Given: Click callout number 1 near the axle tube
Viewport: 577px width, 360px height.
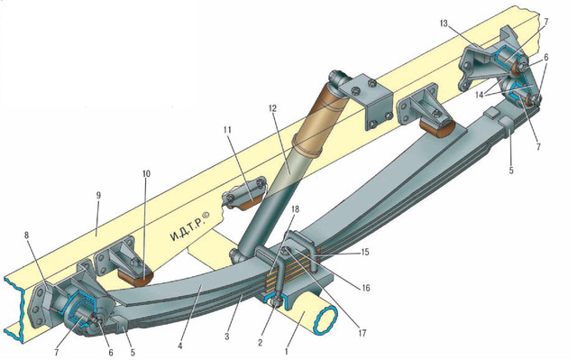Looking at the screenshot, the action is tap(287, 346).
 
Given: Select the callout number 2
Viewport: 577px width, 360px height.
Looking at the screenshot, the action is tap(261, 343).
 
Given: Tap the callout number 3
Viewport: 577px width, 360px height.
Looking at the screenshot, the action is tap(227, 336).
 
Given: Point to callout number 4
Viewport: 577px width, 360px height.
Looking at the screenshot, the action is tap(180, 346).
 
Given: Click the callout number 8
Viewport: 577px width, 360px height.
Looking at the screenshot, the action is tap(26, 235).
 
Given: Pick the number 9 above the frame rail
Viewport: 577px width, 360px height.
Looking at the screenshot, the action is tap(98, 195).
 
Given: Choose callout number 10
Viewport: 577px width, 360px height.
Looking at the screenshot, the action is tap(146, 173).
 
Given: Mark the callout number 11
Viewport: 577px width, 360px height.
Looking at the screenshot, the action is tap(227, 130).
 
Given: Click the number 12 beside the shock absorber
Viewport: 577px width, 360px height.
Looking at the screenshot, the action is tap(272, 108).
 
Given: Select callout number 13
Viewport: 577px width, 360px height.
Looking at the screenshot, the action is tap(444, 23).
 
